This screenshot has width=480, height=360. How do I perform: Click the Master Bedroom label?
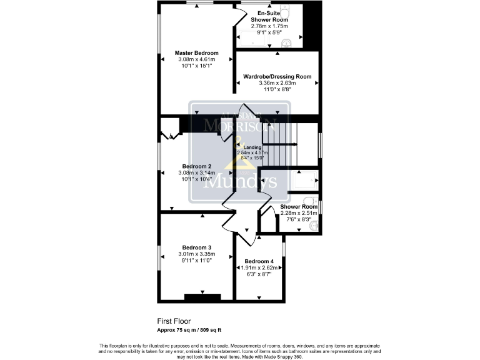click(x=196, y=53)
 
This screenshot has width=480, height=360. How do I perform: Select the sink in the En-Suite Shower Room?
click(x=286, y=42)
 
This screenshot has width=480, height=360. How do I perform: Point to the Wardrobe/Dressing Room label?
click(x=277, y=77)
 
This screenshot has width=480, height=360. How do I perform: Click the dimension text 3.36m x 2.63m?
click(x=277, y=83)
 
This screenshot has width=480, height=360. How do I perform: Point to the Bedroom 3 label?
click(x=196, y=247)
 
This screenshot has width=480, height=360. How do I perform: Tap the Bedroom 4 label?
click(x=259, y=261)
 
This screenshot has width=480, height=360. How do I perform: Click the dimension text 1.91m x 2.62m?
click(x=259, y=267)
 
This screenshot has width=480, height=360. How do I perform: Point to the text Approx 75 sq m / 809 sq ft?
click(x=189, y=329)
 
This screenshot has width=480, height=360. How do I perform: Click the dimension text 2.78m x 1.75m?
click(x=269, y=26)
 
